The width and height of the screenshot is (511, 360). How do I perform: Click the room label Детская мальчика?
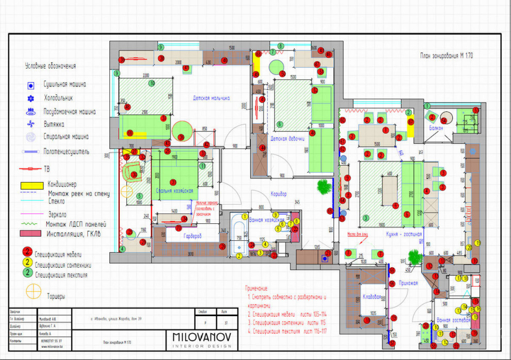(x=211, y=97)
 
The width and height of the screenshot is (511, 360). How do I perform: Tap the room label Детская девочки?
(x=287, y=138)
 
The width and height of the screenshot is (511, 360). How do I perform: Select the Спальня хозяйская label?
(x=174, y=190)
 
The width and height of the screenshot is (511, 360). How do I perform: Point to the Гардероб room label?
(x=193, y=235)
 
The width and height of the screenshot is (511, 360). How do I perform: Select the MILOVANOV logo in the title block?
(x=202, y=338)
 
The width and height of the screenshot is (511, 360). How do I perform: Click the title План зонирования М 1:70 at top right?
(x=446, y=55)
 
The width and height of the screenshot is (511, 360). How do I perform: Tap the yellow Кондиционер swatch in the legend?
(x=30, y=184)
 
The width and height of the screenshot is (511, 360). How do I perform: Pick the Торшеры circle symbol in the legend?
(x=33, y=292)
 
